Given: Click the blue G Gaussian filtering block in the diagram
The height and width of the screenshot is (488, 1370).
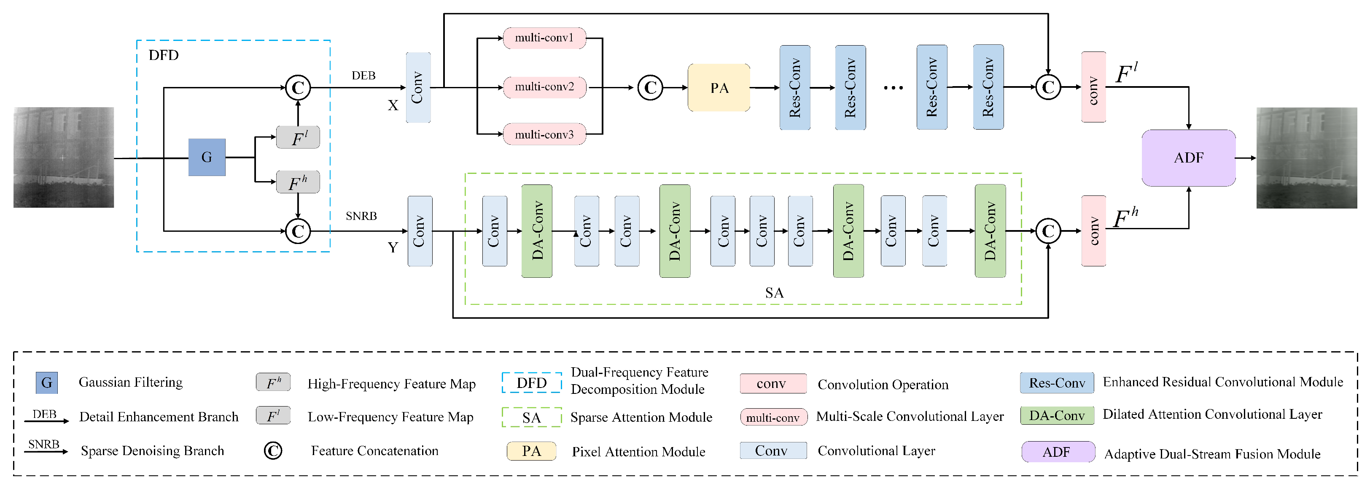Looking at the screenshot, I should (207, 157).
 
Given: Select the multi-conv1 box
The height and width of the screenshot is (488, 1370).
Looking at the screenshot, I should (544, 38).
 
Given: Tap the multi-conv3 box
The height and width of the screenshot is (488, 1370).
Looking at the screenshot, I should (544, 135).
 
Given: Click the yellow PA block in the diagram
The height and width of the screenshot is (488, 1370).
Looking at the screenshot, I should (719, 88).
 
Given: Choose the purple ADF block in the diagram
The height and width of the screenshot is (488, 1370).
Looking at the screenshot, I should (1189, 157).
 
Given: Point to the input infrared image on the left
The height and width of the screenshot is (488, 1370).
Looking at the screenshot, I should (63, 157).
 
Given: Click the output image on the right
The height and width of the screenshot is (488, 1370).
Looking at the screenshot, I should (1307, 157).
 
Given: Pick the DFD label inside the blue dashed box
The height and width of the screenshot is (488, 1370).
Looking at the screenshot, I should (163, 55).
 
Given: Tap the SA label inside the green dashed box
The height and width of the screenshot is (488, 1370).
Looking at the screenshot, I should (774, 293).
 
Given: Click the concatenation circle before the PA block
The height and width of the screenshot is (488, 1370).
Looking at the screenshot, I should (650, 88).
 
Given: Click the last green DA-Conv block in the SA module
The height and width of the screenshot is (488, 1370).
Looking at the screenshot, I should (990, 230).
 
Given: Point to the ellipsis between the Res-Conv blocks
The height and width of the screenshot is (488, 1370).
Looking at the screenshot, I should (893, 88).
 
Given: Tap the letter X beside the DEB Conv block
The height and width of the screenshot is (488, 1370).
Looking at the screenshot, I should (393, 106).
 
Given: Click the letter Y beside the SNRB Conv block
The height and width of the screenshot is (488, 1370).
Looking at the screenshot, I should (393, 247).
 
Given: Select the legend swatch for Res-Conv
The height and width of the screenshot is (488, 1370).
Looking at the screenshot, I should (1057, 382).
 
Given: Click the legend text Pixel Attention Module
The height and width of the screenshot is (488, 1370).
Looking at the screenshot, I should (638, 452).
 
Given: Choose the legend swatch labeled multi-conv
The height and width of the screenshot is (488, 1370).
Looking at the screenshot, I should (773, 417).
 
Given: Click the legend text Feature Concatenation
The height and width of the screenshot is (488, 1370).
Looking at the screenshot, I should (374, 451).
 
